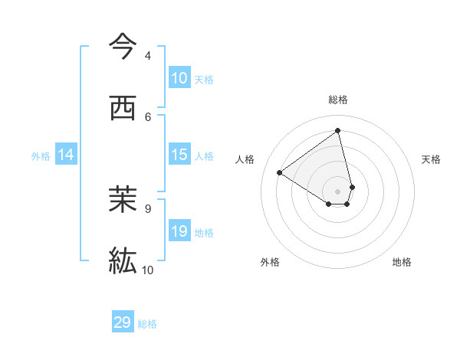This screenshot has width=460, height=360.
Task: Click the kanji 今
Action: pos(123,47)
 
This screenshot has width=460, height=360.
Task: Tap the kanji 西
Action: pos(123,109)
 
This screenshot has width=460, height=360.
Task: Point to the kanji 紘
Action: pos(123,260)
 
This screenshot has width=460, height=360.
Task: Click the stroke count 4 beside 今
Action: pos(148,56)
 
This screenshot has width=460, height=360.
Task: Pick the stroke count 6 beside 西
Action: pos(148,116)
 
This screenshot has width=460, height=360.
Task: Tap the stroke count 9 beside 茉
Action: pos(148,208)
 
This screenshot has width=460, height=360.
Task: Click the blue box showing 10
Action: pos(179,78)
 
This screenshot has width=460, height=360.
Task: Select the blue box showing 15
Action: pos(179,155)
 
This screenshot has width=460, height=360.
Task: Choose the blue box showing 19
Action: pos(179,231)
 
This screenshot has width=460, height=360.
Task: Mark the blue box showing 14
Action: pos(66,155)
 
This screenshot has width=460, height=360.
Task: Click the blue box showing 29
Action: pos(123,322)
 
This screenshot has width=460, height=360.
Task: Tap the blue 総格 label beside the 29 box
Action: pos(147,324)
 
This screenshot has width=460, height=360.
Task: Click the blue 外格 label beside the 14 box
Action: pos(41,156)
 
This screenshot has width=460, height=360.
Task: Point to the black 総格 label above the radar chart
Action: pos(338,100)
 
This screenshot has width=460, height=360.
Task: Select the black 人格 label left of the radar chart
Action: pos(245,159)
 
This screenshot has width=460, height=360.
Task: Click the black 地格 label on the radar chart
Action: pos(402,263)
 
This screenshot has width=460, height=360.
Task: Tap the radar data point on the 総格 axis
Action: pos(338,131)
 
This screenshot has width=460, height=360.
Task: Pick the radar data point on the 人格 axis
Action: pos(280,172)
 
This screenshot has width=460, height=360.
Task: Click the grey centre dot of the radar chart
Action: pos(338,191)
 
